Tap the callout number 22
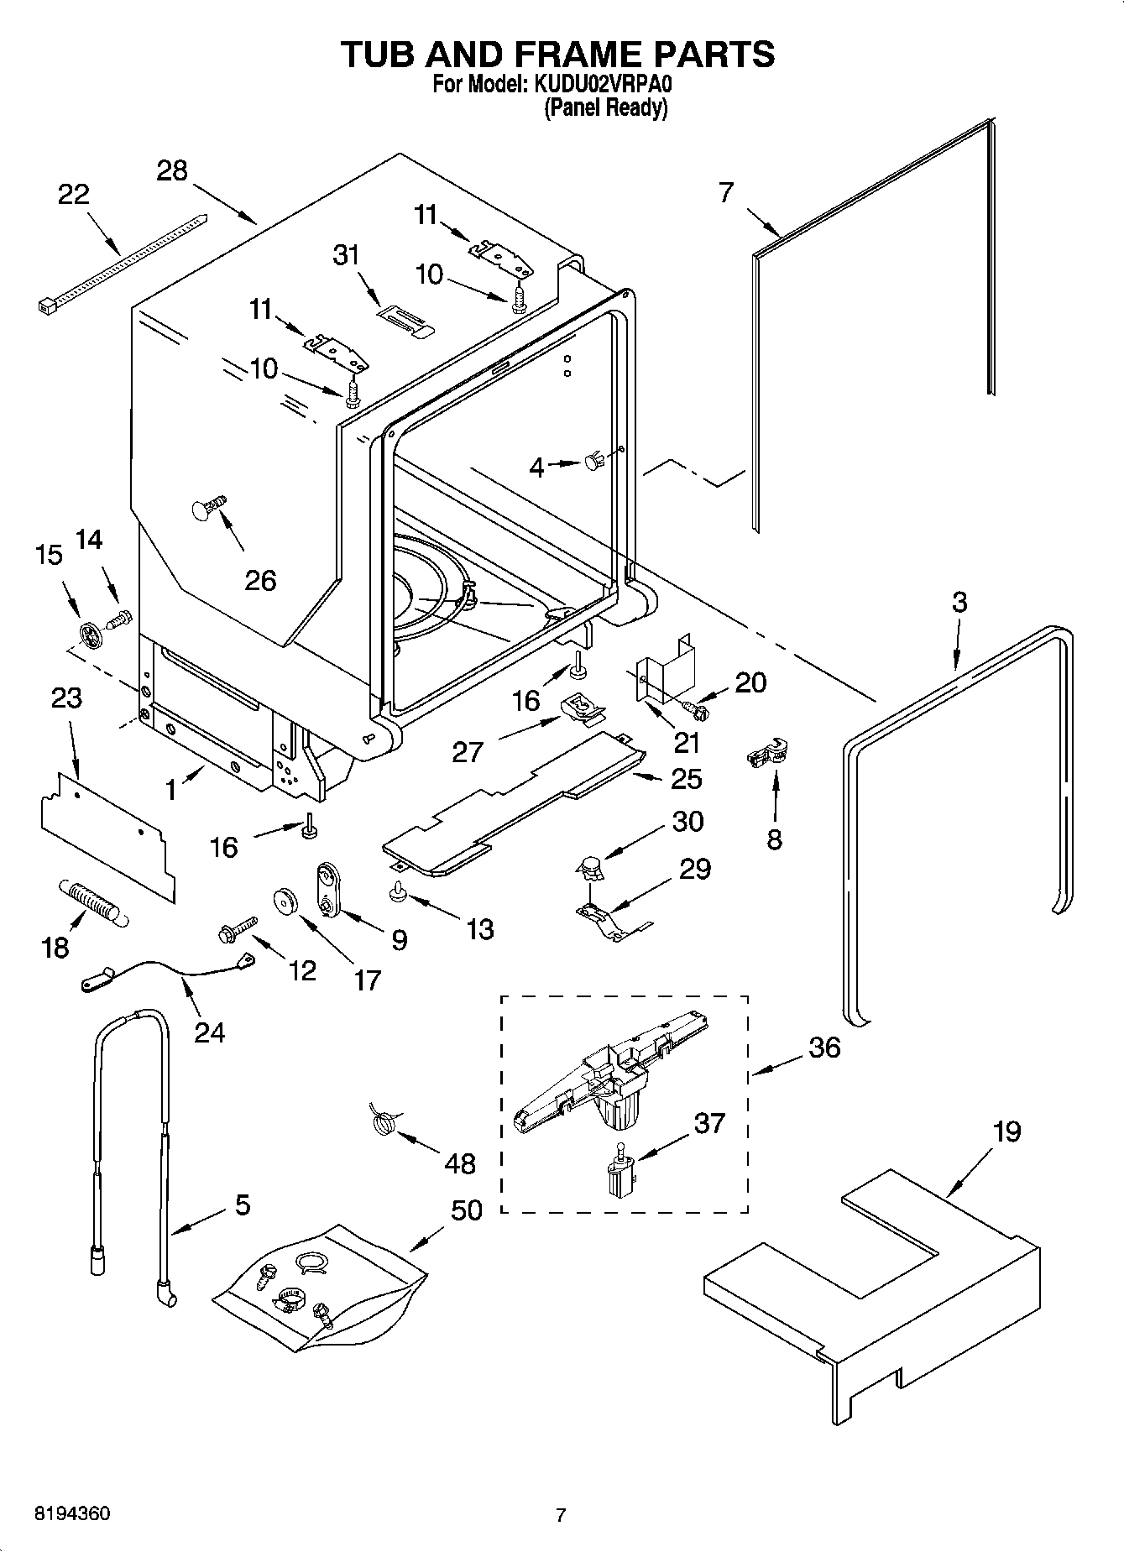tap(73, 195)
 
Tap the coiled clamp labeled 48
tap(383, 1121)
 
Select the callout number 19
tap(1006, 1131)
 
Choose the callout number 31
tap(345, 253)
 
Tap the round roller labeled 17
tap(286, 901)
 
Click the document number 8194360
tap(71, 1513)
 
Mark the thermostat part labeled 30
tap(592, 865)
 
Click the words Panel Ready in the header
tap(605, 108)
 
